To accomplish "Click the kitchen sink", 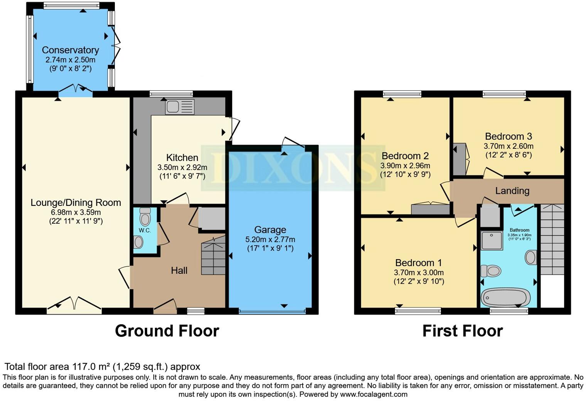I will coord(180,107).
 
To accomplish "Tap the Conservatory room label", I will coord(70,50).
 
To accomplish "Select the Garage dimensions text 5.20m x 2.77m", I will coord(270,239).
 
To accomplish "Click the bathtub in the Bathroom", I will coord(505,297).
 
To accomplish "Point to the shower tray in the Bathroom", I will coord(492,240).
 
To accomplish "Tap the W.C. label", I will coord(145,231).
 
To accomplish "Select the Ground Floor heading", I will coord(167,331).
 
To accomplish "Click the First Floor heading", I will coord(462,331).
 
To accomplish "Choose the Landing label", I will coord(512,191).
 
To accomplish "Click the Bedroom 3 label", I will coord(508,136).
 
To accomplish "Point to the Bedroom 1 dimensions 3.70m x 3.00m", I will coord(418,272).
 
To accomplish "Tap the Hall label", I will coord(179,271).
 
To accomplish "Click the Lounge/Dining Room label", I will coord(76,203).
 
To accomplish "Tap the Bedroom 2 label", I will coord(405,156).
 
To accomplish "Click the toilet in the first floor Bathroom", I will coord(490,270).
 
